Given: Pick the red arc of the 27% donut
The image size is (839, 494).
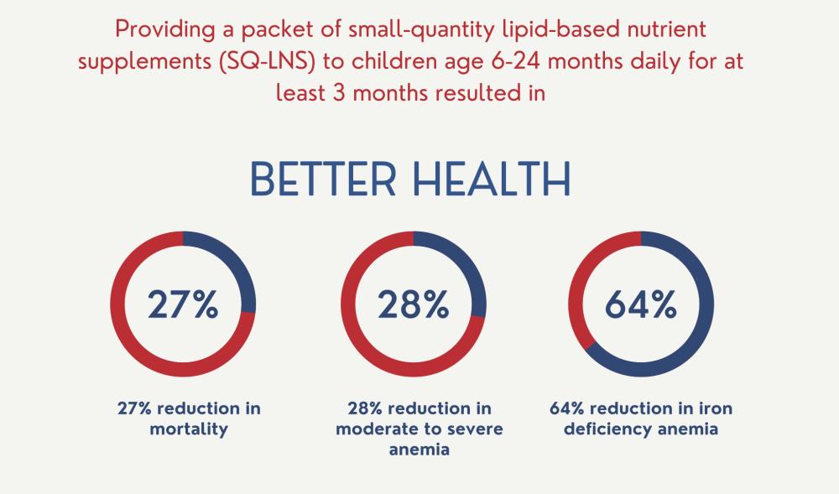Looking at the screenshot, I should pos(126,335).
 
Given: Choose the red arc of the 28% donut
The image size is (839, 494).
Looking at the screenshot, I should pos(357,335).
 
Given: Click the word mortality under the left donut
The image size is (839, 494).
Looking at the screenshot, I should pos(183,429).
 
